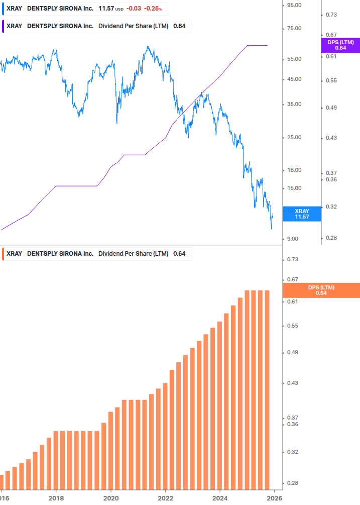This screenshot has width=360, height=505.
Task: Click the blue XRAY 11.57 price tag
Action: (x=302, y=214)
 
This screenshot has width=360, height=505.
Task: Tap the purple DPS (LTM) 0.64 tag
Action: (x=340, y=45)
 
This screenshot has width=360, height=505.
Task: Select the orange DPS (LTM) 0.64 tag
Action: (x=321, y=290)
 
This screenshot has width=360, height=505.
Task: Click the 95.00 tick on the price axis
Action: (x=293, y=5)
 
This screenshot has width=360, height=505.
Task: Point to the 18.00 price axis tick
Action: (x=293, y=170)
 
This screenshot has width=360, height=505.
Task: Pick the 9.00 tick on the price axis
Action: (x=293, y=239)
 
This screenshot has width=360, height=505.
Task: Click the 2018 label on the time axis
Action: (x=56, y=498)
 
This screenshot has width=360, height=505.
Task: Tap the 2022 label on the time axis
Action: (x=165, y=498)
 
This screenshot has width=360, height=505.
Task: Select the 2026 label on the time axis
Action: (x=274, y=498)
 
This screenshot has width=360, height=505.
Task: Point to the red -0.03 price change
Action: (x=134, y=9)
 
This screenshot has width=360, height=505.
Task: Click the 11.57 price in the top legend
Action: (x=106, y=9)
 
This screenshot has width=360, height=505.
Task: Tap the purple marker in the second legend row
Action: (x=4, y=26)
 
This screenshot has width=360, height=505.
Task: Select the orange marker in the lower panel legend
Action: (x=4, y=253)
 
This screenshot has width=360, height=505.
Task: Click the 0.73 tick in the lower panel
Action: (x=292, y=259)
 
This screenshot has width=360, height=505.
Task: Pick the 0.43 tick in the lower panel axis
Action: (x=292, y=383)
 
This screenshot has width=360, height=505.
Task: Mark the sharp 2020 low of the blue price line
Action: (x=116, y=123)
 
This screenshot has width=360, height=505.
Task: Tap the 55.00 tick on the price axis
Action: (x=293, y=59)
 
